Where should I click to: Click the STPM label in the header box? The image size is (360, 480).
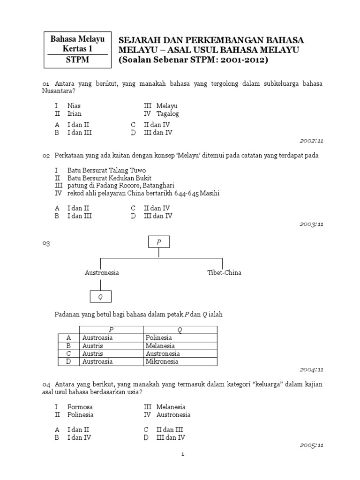[77, 60]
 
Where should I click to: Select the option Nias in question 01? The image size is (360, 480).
[74, 106]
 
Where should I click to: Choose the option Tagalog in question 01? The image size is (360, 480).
[167, 114]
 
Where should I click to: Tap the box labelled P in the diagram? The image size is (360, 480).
[159, 242]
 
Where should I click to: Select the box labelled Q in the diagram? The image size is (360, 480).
[100, 297]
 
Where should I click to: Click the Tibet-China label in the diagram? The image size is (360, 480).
[224, 273]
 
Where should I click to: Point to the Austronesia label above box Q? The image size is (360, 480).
[102, 273]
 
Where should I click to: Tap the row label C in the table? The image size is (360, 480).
[68, 353]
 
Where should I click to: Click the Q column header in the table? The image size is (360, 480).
[180, 330]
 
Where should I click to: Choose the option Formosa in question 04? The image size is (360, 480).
[80, 407]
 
